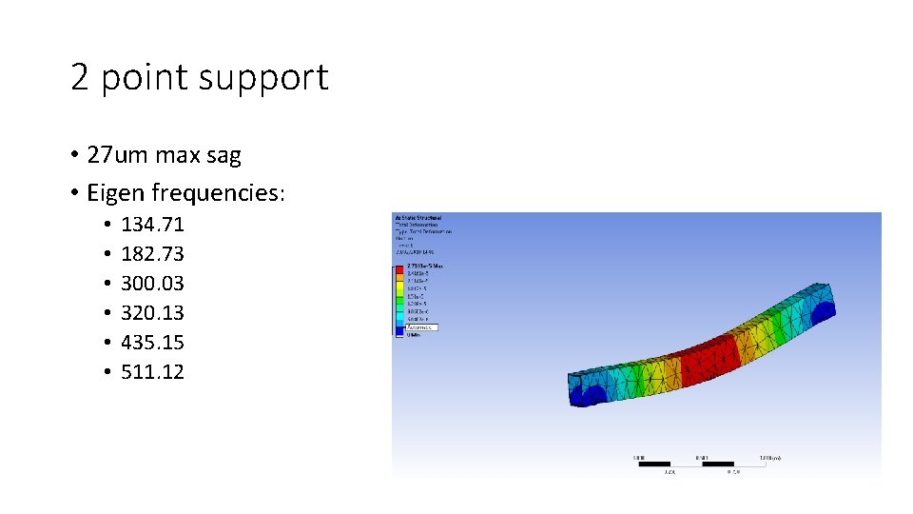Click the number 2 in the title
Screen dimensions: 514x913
[x=80, y=76]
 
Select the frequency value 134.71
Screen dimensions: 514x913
[x=152, y=225]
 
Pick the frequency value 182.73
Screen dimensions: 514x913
[x=152, y=254]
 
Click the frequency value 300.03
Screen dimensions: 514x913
[x=152, y=284]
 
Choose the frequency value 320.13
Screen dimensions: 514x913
[x=152, y=312]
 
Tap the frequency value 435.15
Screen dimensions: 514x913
[x=152, y=342]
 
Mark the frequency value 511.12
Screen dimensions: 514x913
[x=152, y=371]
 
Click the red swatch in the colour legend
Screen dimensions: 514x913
[x=399, y=269]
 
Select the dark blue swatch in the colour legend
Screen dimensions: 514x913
[x=399, y=330]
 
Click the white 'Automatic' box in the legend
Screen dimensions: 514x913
[x=420, y=326]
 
